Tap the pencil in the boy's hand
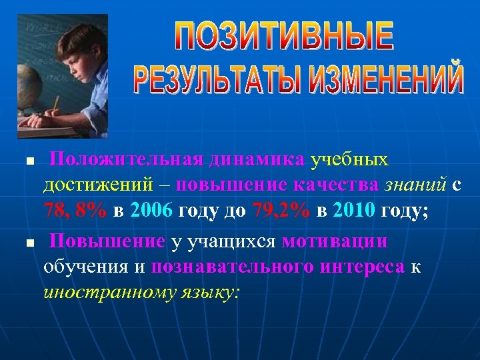click(x=55, y=105)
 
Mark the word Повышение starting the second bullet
click(x=107, y=241)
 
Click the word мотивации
click(x=335, y=241)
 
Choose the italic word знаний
click(x=414, y=185)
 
